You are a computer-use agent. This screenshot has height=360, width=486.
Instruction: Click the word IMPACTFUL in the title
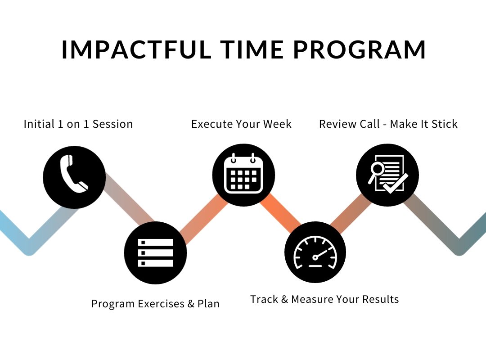tap(136, 49)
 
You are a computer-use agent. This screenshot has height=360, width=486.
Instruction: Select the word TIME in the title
tap(252, 49)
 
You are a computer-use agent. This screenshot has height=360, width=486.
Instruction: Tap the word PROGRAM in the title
tap(359, 49)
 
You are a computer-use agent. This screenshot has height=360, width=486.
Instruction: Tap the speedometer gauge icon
tap(315, 252)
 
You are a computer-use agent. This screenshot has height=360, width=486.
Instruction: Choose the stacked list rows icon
tap(155, 253)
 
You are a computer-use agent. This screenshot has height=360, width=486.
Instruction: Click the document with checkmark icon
tap(388, 174)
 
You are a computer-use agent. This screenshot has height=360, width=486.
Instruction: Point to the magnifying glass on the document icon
tap(376, 172)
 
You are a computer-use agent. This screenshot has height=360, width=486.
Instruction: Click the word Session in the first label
tap(112, 124)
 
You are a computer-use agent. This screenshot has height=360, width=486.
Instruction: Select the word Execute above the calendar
tap(211, 124)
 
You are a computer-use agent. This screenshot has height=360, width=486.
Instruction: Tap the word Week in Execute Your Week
tap(277, 124)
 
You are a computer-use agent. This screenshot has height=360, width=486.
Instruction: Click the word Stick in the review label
tap(445, 124)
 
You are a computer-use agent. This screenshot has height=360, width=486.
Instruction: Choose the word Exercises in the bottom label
tap(161, 304)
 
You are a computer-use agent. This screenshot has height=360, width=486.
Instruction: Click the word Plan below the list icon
tap(208, 304)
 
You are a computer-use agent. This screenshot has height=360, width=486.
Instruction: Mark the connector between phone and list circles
tap(130, 198)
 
